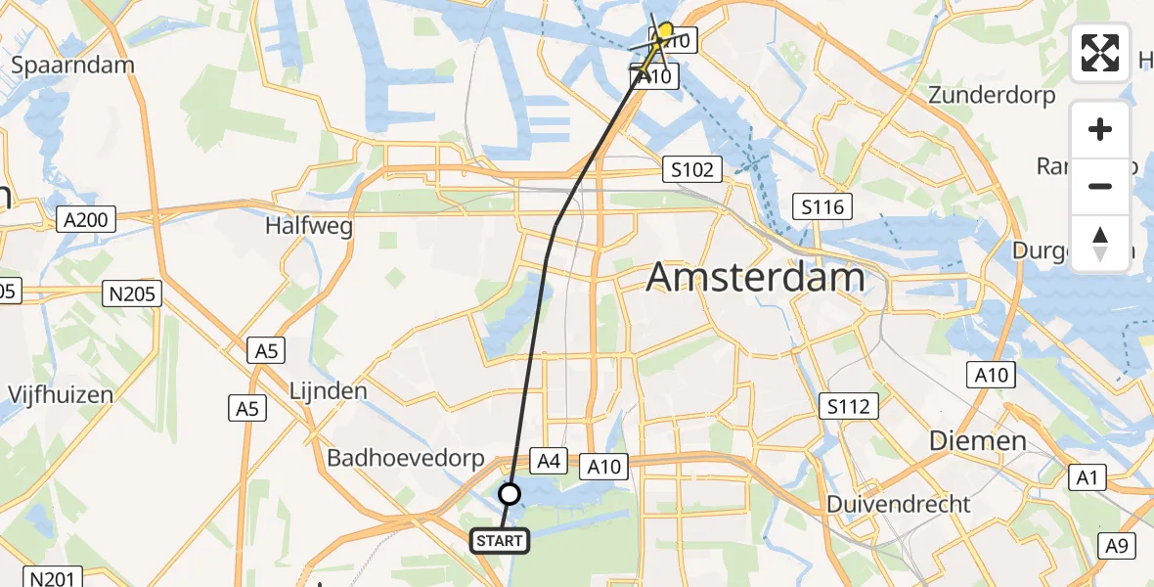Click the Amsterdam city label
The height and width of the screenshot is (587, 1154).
pyautogui.click(x=756, y=278)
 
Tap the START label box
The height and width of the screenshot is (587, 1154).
pyautogui.click(x=501, y=540)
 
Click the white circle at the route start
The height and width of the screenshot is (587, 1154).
pyautogui.click(x=510, y=494)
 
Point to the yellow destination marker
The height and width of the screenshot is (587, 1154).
pyautogui.click(x=666, y=31)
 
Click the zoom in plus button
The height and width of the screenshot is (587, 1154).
pyautogui.click(x=1100, y=130)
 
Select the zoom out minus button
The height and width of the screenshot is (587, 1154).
pyautogui.click(x=1100, y=186)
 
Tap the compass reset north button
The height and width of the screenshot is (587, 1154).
pyautogui.click(x=1100, y=243)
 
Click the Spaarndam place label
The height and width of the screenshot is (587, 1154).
pyautogui.click(x=72, y=65)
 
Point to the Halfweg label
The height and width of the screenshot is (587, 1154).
pyautogui.click(x=309, y=226)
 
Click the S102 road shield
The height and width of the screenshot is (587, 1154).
pyautogui.click(x=691, y=169)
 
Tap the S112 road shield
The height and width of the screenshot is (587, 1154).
pyautogui.click(x=848, y=406)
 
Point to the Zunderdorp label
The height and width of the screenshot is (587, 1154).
pyautogui.click(x=993, y=95)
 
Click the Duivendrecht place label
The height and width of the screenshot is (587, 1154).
pyautogui.click(x=899, y=505)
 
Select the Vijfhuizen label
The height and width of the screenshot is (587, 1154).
pyautogui.click(x=61, y=395)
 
